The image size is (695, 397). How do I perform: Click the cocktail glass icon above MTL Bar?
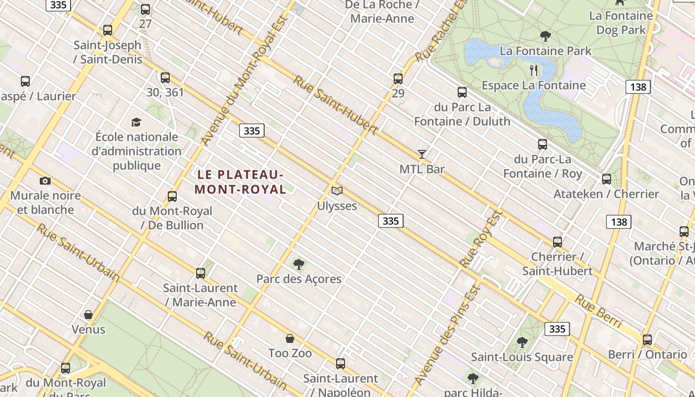coord(421,154)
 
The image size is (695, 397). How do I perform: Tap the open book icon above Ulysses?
coord(337,191)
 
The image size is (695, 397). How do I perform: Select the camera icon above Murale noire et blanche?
coord(45,181)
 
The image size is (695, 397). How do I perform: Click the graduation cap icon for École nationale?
coord(136,122)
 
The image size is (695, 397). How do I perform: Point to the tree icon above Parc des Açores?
coord(298,264)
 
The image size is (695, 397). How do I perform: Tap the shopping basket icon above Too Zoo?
coord(290,338)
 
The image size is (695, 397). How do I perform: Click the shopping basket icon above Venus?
coord(88,315)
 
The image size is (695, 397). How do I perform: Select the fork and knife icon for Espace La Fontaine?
coord(534,70)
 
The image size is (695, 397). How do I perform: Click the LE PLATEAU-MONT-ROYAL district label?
coord(240,182)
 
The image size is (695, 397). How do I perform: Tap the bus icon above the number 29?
coord(398,78)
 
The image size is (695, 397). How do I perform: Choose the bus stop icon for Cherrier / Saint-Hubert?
coord(557,242)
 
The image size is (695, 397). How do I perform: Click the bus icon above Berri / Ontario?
coord(647,340)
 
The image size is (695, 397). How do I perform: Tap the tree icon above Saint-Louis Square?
coord(522,342)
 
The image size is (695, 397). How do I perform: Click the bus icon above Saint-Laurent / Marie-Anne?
coord(201,273)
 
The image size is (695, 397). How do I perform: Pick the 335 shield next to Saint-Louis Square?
coord(557,329)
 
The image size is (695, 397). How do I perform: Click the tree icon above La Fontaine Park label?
coord(545,36)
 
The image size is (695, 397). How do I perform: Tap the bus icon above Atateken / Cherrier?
coord(606,179)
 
